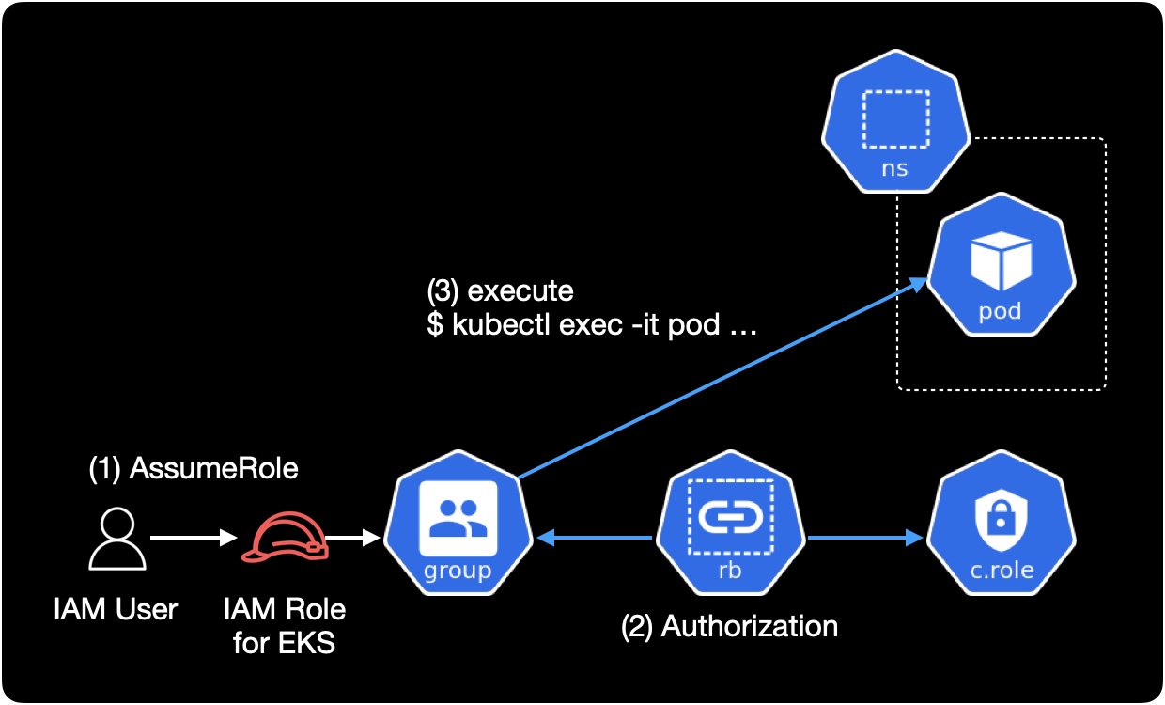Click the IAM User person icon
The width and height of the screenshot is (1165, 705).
pos(117,539)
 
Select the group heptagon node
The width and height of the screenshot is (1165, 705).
pos(458,531)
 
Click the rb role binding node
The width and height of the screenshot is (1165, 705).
pos(730,531)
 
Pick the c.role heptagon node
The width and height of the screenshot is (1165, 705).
pos(1002,531)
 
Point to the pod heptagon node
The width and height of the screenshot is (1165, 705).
pos(1002,268)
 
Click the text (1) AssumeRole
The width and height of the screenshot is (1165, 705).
pos(194,467)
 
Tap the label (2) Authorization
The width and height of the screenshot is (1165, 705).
pos(729,626)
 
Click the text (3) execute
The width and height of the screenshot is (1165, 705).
pos(500,290)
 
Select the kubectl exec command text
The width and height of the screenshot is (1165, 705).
pos(593,325)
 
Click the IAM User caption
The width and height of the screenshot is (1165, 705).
pos(116,609)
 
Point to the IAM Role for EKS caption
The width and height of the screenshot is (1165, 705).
pos(285,626)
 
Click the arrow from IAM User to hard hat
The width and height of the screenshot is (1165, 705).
pos(194,539)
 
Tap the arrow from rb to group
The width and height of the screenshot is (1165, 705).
pos(594,539)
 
